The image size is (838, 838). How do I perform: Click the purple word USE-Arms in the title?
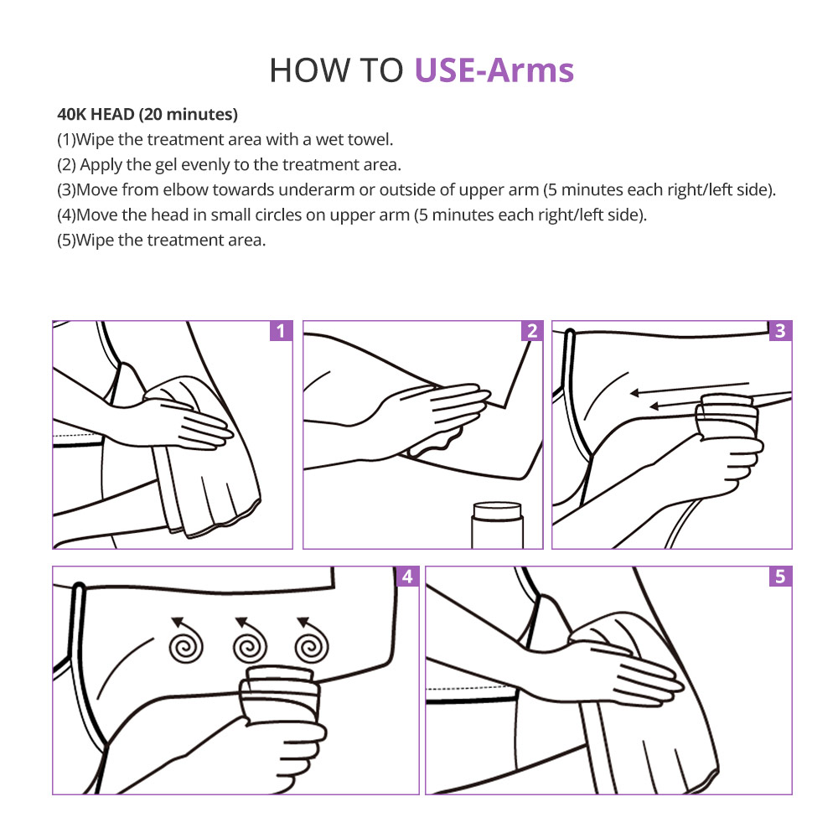click(x=494, y=70)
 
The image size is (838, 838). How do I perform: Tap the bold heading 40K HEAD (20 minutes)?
click(x=147, y=114)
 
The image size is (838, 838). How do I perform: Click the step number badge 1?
click(x=281, y=331)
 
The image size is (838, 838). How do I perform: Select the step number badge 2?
click(x=532, y=331)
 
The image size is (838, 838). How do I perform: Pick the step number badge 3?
click(x=780, y=331)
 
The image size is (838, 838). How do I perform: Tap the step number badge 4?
click(x=407, y=577)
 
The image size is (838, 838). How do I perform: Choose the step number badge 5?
click(x=780, y=577)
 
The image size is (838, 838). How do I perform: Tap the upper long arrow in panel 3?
click(x=690, y=389)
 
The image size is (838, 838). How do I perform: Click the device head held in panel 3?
click(x=727, y=417)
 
